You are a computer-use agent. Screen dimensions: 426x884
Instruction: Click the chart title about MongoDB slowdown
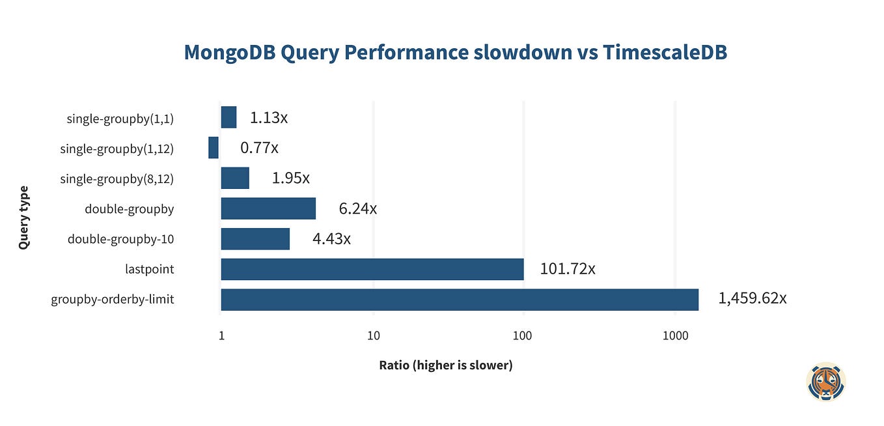pos(455,53)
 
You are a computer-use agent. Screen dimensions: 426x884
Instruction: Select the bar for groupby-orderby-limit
pos(460,300)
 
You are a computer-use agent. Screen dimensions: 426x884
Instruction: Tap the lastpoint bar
pos(372,269)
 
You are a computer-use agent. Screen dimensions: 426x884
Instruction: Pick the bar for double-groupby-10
pos(255,239)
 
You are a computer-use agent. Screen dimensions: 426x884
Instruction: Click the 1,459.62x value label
pos(752,298)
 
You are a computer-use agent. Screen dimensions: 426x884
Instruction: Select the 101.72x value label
pos(567,268)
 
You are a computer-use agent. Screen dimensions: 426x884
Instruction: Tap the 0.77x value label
pos(259,148)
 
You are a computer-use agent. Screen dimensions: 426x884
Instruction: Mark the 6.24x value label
pos(357,208)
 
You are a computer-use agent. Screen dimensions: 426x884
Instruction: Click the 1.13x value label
pos(269,118)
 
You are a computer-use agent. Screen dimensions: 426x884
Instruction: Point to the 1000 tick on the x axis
pos(675,336)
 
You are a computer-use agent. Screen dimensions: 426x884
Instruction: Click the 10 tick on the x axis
pos(373,336)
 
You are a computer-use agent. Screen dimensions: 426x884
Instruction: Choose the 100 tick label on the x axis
pos(523,336)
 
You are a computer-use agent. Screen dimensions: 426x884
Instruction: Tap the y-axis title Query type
pos(24,218)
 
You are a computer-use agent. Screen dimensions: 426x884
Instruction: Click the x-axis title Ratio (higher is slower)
pos(446,365)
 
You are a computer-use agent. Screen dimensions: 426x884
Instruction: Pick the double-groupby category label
pos(129,209)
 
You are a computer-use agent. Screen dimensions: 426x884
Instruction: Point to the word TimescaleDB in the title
pos(665,53)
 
